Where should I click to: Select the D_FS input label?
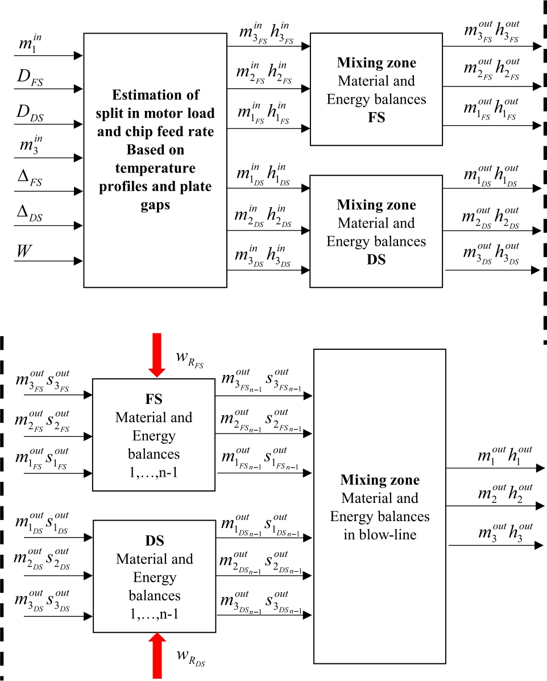click(32, 80)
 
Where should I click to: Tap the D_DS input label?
click(32, 114)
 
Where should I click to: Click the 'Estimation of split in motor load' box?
click(155, 160)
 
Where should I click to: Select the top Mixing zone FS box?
click(376, 89)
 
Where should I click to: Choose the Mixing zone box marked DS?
click(376, 231)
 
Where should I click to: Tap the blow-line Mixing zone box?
click(379, 506)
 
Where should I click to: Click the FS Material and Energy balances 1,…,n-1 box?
click(154, 434)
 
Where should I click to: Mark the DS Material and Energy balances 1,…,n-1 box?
click(154, 576)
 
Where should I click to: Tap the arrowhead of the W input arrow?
click(79, 262)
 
